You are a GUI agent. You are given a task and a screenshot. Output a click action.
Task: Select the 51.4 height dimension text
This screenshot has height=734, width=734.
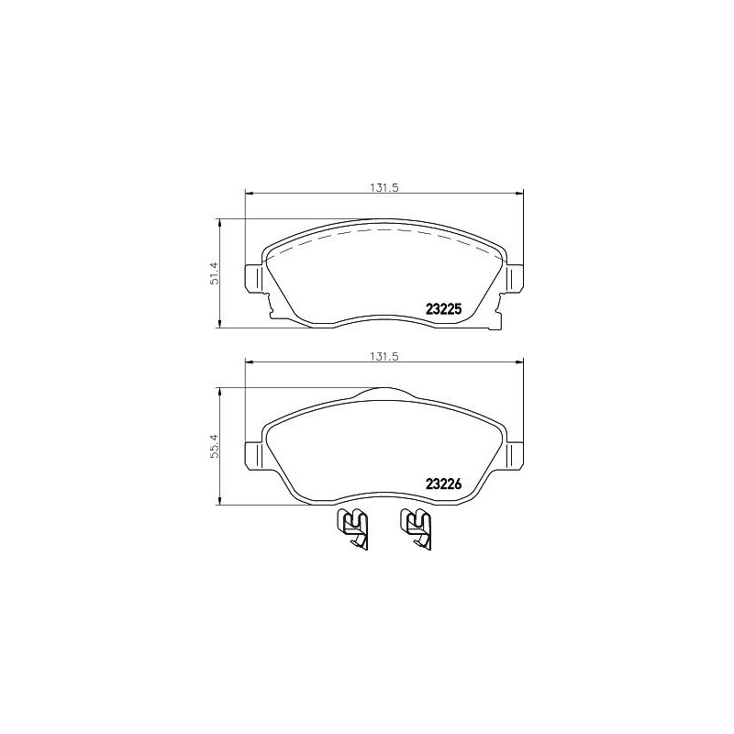[214, 272]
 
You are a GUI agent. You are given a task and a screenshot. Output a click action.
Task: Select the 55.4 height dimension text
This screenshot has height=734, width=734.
[214, 446]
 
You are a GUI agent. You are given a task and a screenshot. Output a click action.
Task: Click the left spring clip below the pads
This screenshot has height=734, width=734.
[353, 528]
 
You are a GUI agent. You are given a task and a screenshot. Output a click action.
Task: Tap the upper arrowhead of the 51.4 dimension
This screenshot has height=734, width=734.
[220, 222]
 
